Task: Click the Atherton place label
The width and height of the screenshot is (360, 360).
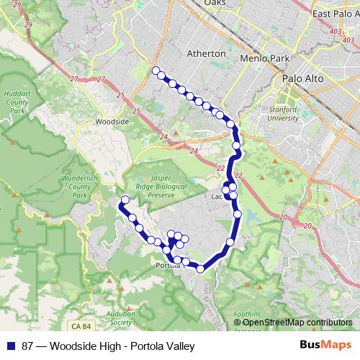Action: (x=206, y=54)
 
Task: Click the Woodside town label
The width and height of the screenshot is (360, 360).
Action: (x=112, y=122)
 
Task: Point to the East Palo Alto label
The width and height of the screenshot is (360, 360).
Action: (x=336, y=14)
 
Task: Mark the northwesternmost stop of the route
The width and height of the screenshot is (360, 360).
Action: (x=155, y=71)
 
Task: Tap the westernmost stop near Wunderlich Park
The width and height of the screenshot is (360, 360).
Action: (x=125, y=200)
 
